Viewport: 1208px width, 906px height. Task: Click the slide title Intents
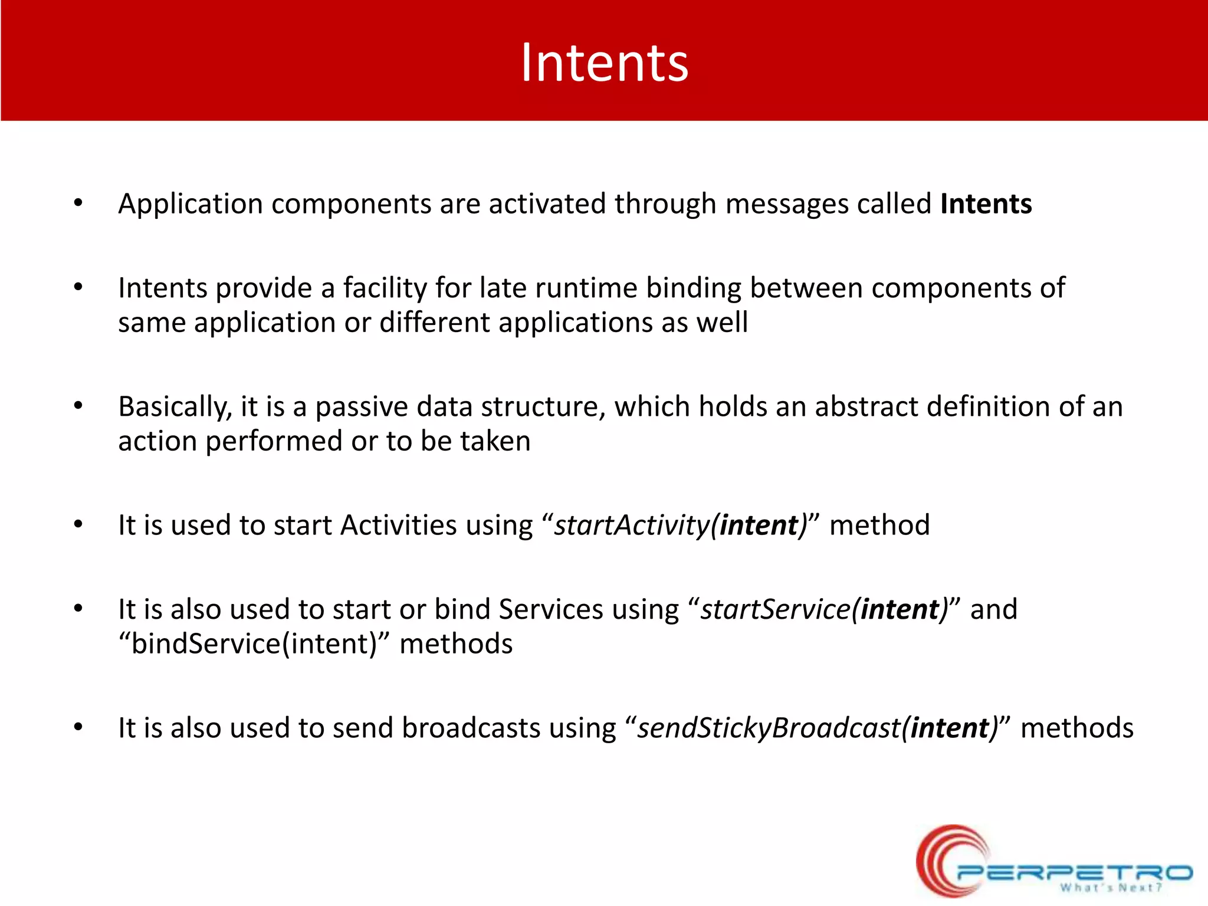[604, 63]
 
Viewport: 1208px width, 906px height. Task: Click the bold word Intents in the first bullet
[986, 204]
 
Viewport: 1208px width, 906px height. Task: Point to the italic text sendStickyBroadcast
[769, 728]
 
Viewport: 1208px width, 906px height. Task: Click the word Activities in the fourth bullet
[398, 525]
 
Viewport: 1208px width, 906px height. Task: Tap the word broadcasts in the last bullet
[471, 728]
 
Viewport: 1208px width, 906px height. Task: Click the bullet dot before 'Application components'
[78, 203]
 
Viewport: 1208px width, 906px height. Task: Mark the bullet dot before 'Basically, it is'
[78, 406]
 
